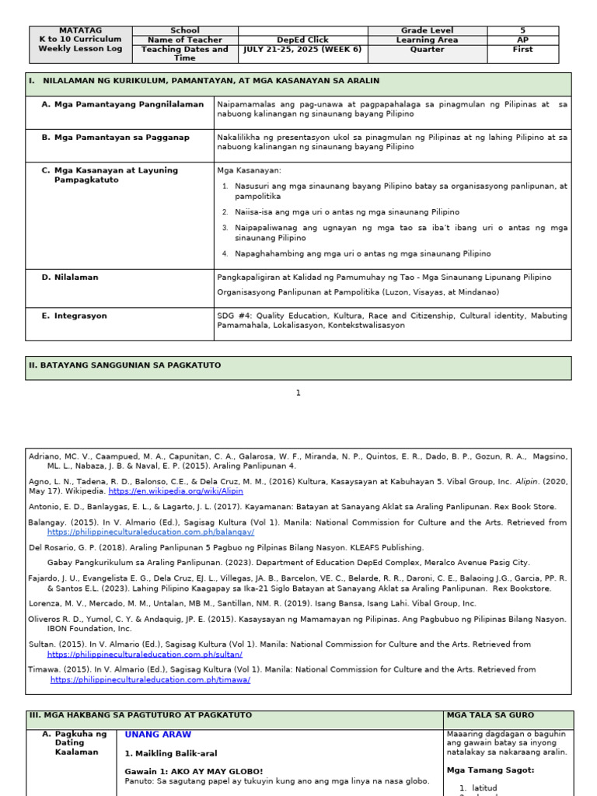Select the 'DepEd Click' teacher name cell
(x=302, y=40)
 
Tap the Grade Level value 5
(x=522, y=30)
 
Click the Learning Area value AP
(x=522, y=40)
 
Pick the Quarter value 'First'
(x=522, y=50)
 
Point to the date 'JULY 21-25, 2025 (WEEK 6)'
(x=302, y=50)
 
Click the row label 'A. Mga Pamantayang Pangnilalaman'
(x=123, y=104)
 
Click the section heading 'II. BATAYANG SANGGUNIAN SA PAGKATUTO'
(x=125, y=365)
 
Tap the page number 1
(x=298, y=393)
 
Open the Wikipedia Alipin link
(x=176, y=492)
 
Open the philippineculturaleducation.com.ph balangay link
(x=151, y=532)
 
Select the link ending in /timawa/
(x=150, y=679)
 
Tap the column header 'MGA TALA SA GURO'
(x=490, y=715)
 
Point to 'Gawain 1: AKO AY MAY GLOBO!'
(x=194, y=771)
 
